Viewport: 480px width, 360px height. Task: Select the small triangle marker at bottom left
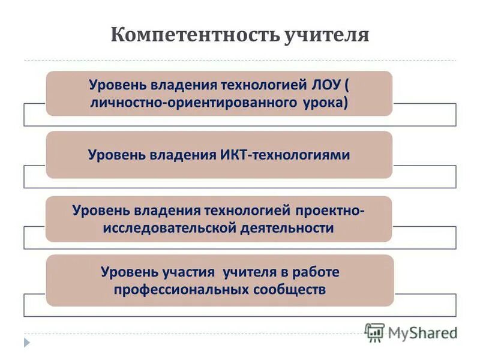(26, 343)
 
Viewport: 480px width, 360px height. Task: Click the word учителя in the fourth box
(248, 272)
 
